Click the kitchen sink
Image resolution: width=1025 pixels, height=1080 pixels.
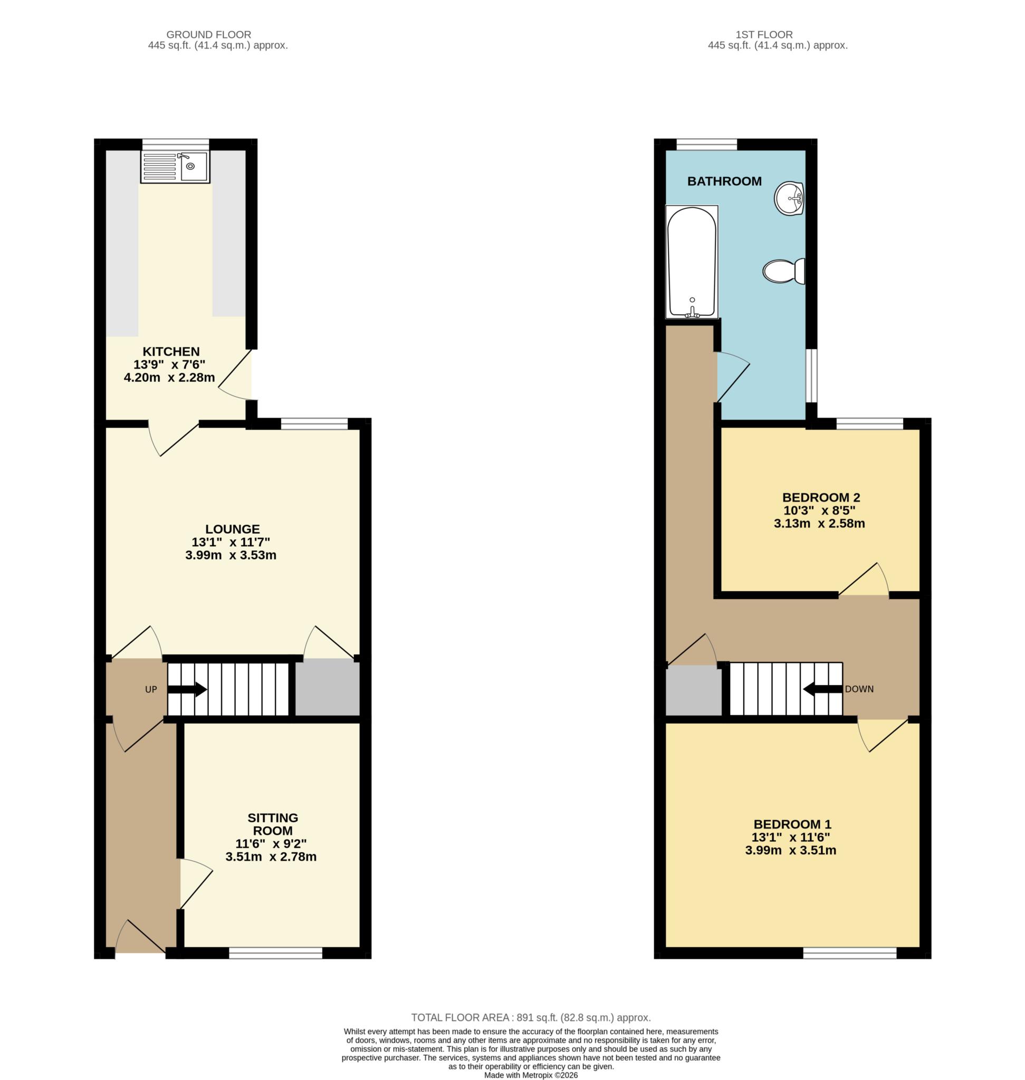click(175, 167)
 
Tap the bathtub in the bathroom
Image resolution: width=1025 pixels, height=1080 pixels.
click(691, 262)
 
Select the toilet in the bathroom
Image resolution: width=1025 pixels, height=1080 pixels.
click(784, 271)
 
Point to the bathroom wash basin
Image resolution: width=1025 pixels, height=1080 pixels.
click(790, 197)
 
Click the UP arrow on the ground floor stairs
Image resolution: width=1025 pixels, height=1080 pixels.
click(187, 689)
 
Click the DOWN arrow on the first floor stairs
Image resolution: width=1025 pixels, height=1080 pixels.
click(823, 689)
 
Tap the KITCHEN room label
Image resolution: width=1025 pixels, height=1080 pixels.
click(171, 351)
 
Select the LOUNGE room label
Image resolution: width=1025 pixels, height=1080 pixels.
click(233, 529)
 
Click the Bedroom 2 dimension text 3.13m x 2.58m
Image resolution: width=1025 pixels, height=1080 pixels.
click(819, 523)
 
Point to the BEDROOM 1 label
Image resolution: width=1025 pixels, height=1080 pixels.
click(792, 824)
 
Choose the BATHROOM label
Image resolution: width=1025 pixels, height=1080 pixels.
click(724, 181)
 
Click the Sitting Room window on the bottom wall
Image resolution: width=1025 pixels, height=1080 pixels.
click(275, 953)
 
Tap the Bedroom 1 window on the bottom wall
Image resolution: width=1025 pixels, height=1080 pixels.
click(850, 953)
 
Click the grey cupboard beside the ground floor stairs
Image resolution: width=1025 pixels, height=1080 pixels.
click(328, 688)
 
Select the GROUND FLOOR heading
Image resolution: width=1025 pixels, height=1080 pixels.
click(209, 34)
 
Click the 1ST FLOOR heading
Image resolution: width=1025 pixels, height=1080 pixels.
click(764, 34)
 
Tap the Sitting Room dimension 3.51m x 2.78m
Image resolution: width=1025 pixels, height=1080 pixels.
click(271, 856)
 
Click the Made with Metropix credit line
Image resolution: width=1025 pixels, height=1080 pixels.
click(531, 1075)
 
